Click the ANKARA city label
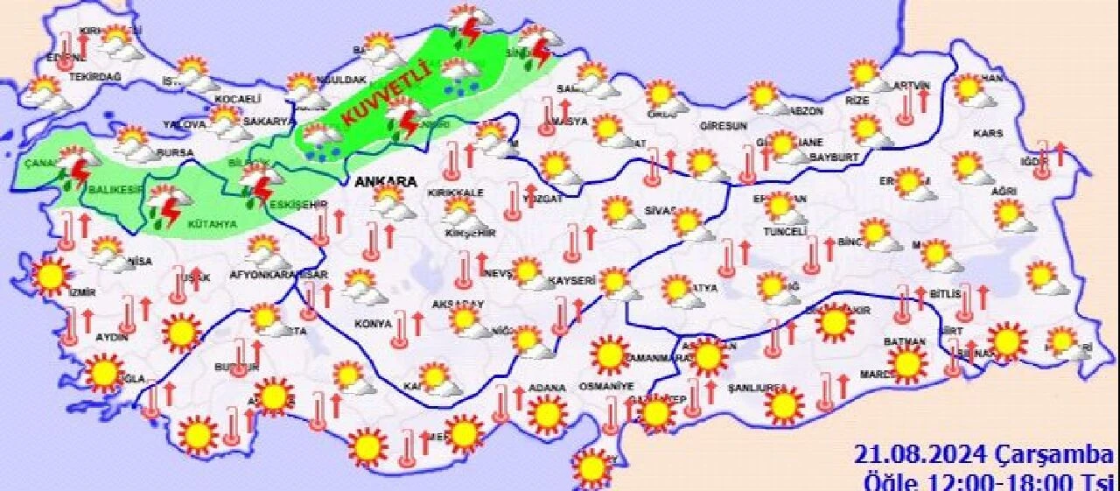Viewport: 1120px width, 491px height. pos(385,182)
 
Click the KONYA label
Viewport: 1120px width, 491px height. pos(373,324)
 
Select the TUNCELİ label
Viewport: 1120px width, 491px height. pos(785,231)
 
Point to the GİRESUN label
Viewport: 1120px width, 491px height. pos(724,126)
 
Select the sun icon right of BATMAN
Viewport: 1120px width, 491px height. pos(906,361)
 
